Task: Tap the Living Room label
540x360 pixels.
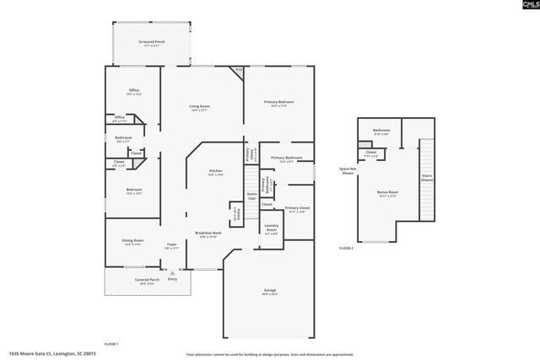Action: click(x=199, y=106)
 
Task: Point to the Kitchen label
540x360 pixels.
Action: click(x=216, y=172)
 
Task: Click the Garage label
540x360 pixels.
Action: click(x=269, y=290)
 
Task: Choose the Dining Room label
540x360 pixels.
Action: click(x=133, y=241)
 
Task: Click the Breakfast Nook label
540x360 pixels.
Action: click(x=208, y=233)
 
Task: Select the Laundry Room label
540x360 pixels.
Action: click(x=271, y=228)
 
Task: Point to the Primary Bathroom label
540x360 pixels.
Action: click(x=287, y=158)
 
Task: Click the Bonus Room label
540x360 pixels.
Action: click(x=388, y=193)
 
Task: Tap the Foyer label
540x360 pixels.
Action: click(x=171, y=244)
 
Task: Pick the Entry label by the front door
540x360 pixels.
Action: click(x=172, y=278)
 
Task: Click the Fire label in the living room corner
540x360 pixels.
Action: click(x=239, y=70)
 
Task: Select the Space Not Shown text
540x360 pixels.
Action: click(x=347, y=170)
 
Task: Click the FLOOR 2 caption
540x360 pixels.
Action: click(x=346, y=249)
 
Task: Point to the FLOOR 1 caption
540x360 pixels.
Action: click(x=111, y=345)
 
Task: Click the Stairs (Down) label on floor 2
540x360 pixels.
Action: click(x=426, y=178)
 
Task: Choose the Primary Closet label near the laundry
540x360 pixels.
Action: click(x=297, y=208)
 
